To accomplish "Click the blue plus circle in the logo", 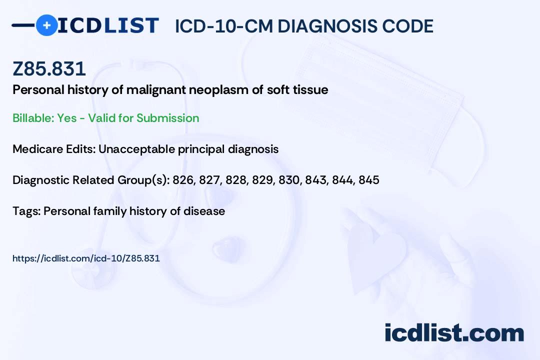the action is click(46, 25).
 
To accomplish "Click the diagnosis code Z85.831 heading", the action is click(49, 68).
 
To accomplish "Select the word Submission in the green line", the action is click(167, 118).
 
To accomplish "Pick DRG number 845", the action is click(369, 180).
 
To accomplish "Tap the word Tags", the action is click(27, 211).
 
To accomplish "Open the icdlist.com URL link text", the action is click(86, 258).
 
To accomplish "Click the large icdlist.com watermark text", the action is click(454, 332).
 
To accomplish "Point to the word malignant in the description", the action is click(156, 90).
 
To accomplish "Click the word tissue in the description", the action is click(310, 90).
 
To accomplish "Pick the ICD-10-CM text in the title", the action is click(223, 26).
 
